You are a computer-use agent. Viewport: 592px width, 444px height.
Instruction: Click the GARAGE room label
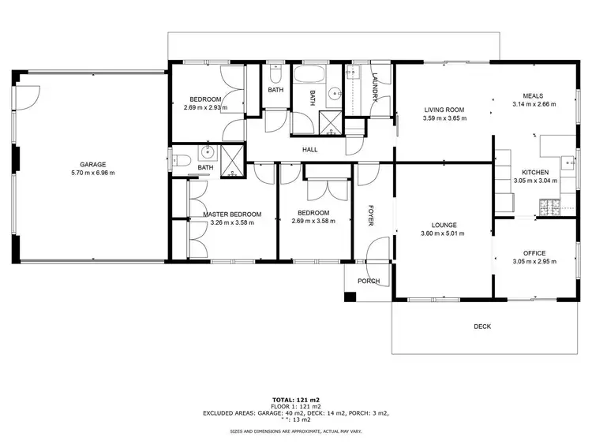[92, 164]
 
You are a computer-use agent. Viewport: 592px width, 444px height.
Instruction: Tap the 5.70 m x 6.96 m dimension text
[92, 173]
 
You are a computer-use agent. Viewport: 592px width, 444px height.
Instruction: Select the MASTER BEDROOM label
[231, 214]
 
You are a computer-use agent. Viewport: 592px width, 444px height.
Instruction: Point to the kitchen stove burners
[549, 207]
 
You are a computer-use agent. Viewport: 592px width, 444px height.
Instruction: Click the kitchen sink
[567, 162]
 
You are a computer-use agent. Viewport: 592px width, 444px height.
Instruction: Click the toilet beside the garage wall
[180, 161]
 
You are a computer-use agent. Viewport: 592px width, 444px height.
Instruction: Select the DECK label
[482, 326]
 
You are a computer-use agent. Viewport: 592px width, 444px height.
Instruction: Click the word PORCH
[369, 281]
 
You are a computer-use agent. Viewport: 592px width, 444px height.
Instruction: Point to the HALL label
[310, 150]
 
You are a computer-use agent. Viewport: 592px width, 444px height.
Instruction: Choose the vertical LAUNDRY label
[376, 88]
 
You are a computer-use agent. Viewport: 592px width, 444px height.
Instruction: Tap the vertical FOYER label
[369, 215]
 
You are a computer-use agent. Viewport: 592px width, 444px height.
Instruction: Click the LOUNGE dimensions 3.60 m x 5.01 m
[442, 233]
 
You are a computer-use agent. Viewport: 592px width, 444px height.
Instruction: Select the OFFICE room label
[534, 253]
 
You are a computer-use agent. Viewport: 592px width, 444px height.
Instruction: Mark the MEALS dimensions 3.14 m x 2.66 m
[534, 104]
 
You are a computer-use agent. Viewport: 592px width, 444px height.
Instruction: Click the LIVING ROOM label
[445, 110]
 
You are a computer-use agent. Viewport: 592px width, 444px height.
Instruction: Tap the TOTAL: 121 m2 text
[296, 400]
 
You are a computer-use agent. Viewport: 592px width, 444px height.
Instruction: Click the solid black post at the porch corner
[350, 297]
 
